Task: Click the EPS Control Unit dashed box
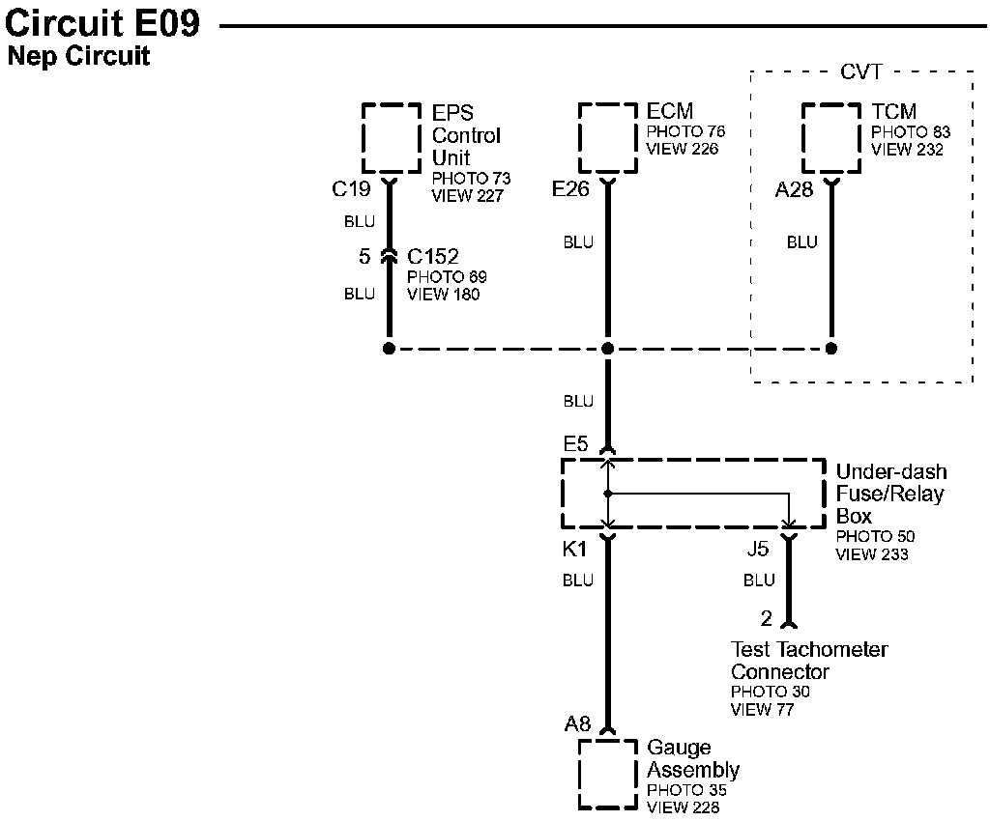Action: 391,137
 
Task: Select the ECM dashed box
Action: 607,137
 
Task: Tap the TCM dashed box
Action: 830,137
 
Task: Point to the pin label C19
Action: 351,189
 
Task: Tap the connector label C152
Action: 432,257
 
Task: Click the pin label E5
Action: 575,444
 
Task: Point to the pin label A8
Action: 578,723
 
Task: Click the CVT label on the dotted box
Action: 861,72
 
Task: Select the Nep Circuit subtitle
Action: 78,56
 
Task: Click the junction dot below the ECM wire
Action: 607,348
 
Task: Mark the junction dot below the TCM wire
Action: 830,348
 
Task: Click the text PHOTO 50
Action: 875,536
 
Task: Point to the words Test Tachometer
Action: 808,650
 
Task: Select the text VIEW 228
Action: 683,807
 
